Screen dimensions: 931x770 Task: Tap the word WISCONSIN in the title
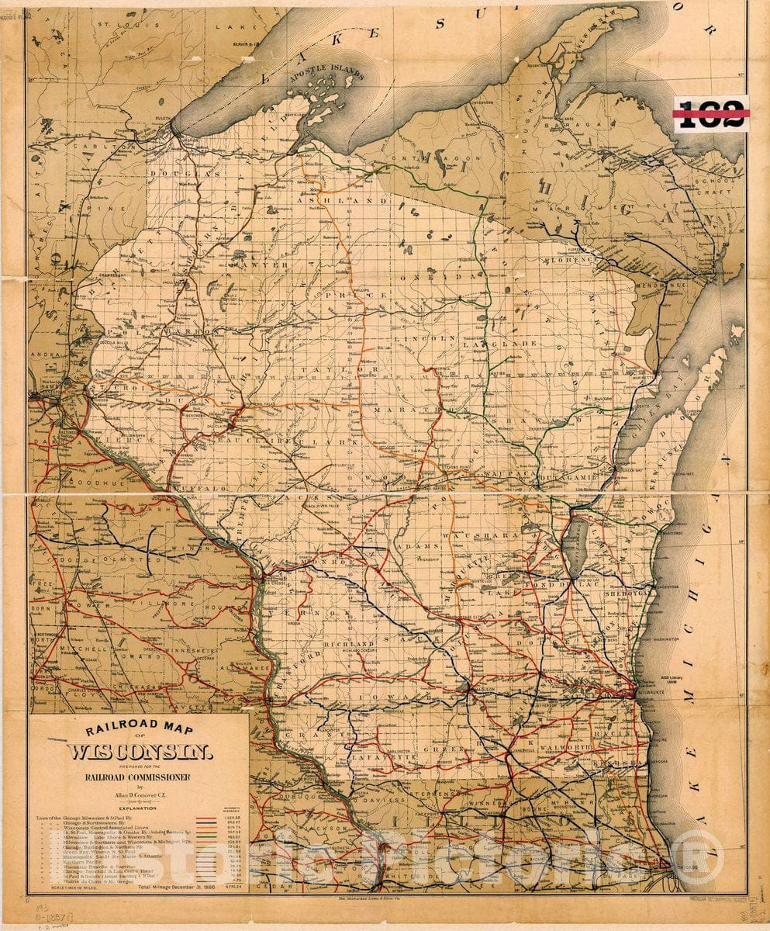click(142, 752)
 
